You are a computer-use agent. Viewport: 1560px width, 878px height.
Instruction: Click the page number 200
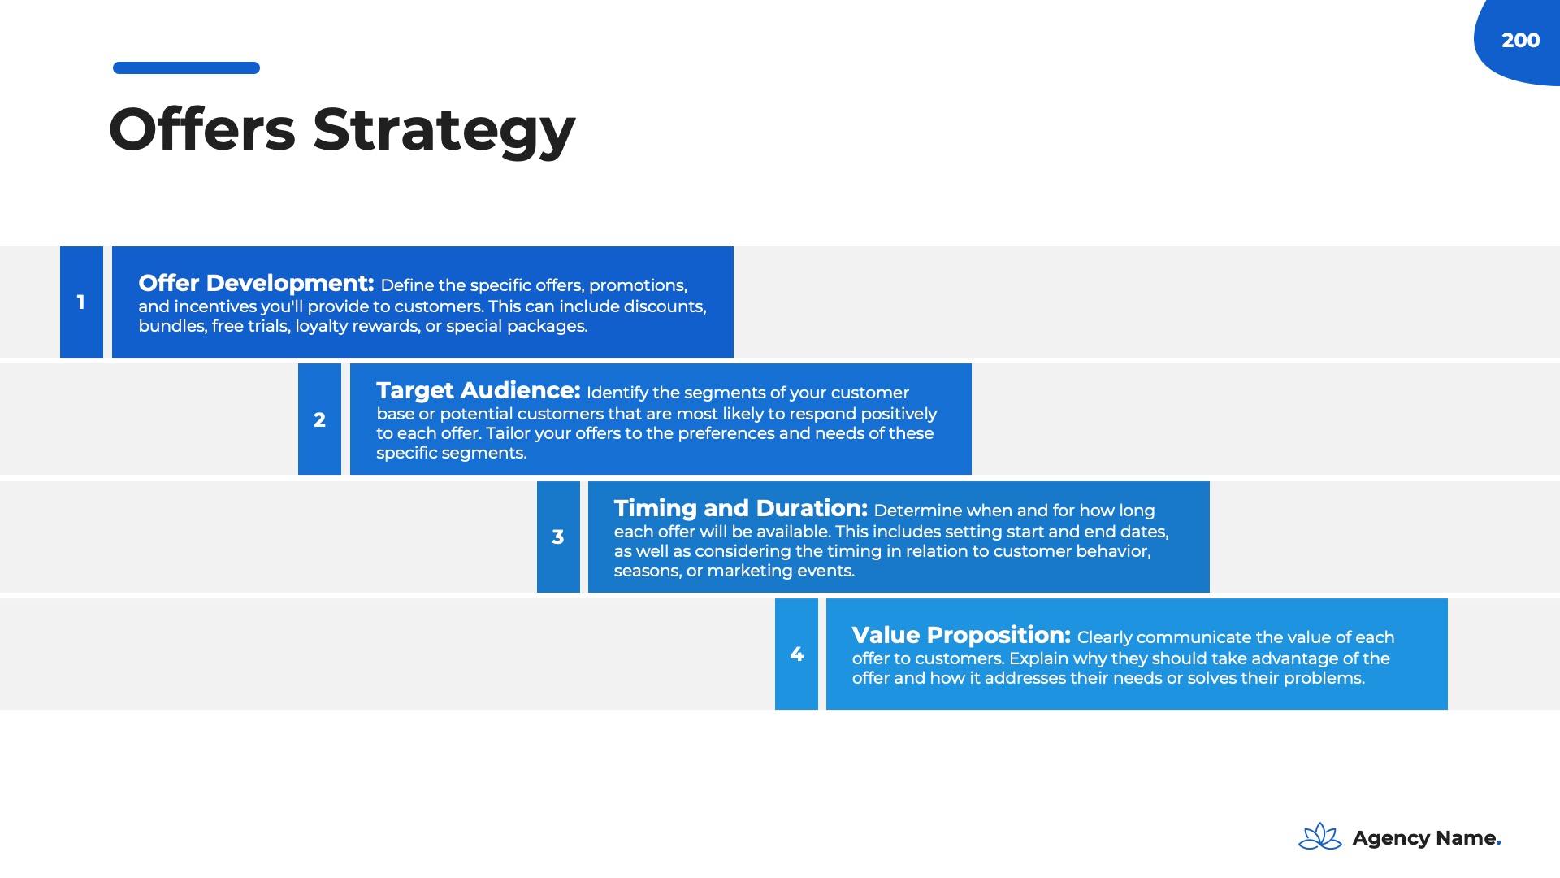[1520, 41]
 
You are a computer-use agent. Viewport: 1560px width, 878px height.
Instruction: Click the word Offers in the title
[202, 129]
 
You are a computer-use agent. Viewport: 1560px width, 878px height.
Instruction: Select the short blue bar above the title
[186, 67]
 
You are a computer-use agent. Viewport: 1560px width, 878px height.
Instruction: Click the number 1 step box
[81, 302]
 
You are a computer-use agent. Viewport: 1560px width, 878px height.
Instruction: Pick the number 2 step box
[319, 419]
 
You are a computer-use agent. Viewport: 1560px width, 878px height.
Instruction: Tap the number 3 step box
[558, 537]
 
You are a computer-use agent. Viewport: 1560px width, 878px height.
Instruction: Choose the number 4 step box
[796, 654]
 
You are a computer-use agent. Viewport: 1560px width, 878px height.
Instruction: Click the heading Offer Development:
[256, 283]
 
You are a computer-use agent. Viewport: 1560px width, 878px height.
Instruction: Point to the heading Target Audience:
[478, 390]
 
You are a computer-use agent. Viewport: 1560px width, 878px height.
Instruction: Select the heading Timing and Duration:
[741, 508]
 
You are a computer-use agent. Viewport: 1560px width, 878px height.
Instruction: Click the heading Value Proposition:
[961, 635]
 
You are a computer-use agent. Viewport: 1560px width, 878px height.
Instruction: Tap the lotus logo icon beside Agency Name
[1320, 837]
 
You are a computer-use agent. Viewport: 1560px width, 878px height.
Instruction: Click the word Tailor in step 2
[508, 433]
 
